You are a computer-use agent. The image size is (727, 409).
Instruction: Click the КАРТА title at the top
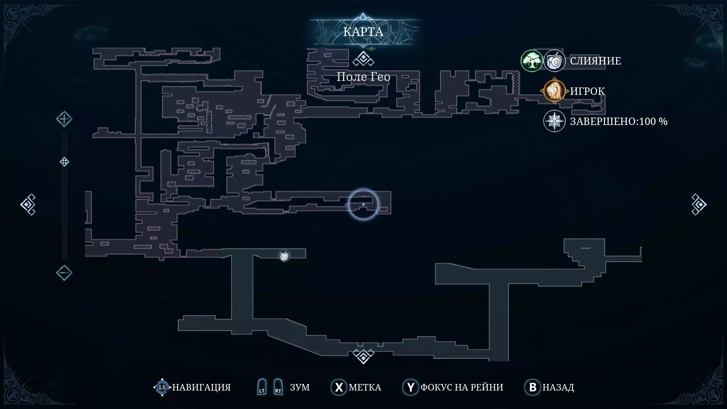tap(363, 32)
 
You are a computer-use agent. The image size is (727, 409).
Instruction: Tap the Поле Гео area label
tap(363, 77)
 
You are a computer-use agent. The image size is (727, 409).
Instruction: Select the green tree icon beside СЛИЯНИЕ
tap(532, 61)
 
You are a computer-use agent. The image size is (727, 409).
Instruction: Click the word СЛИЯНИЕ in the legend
tap(595, 61)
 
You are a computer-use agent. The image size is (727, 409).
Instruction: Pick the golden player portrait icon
tap(554, 91)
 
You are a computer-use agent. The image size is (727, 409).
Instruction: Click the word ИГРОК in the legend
tap(587, 91)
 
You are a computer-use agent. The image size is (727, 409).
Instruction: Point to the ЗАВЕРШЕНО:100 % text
tap(619, 121)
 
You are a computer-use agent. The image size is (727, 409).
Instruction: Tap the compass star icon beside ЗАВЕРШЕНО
tap(554, 121)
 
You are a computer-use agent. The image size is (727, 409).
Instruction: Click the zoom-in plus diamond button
tap(64, 119)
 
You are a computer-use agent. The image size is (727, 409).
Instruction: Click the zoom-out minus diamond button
tap(64, 273)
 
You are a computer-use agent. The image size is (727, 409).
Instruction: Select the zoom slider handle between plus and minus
tap(64, 162)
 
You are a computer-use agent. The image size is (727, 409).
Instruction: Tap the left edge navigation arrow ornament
tap(28, 204)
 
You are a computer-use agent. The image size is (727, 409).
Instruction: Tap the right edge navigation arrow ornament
tap(699, 204)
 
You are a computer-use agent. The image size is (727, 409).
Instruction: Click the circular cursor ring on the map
tap(363, 204)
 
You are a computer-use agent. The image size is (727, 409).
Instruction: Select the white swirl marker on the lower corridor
tap(284, 256)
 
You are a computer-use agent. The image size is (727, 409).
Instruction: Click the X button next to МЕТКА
tap(339, 387)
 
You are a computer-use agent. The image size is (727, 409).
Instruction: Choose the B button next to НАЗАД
tap(532, 387)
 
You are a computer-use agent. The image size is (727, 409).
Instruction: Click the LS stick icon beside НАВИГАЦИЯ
tap(162, 387)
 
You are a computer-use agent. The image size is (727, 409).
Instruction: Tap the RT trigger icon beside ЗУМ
tap(278, 387)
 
